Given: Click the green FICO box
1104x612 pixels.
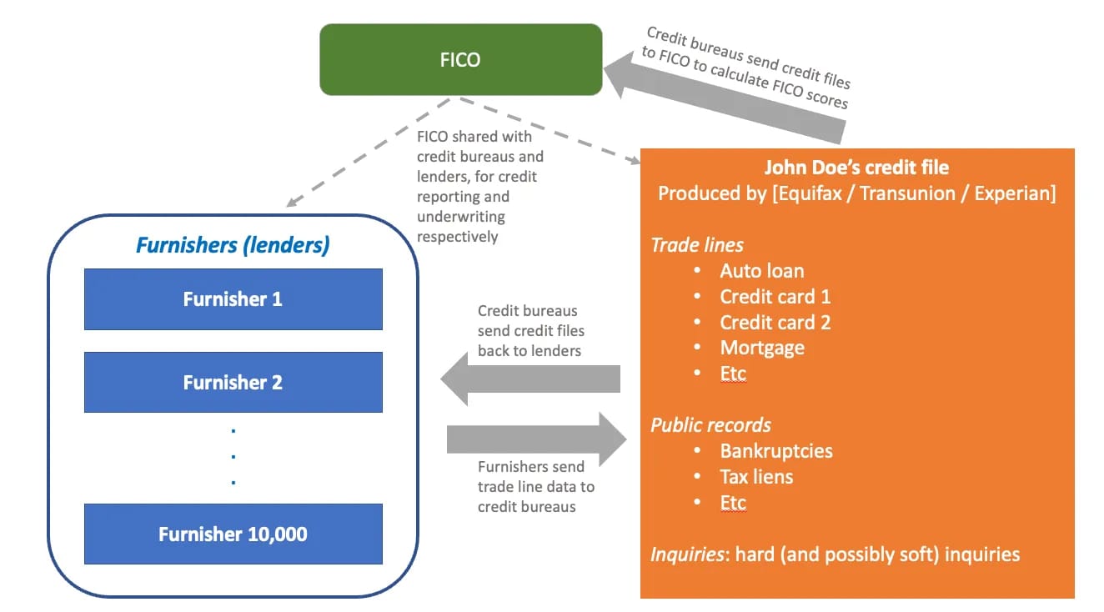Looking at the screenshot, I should [x=460, y=59].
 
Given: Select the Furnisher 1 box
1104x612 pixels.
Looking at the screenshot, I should [x=233, y=298].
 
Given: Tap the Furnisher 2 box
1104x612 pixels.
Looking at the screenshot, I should [x=233, y=382].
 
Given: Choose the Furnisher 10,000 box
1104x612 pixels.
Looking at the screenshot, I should [x=233, y=534].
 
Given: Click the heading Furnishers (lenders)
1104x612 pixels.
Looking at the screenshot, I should [x=233, y=245].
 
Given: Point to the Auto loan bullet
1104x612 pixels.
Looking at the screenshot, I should [x=761, y=271].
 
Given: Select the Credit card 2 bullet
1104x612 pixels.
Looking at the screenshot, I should [x=775, y=323].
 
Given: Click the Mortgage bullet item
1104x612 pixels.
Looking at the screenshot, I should [x=762, y=348].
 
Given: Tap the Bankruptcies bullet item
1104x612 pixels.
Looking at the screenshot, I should [x=775, y=451].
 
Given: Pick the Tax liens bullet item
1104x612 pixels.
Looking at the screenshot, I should [x=756, y=477].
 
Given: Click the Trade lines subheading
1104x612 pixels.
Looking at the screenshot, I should [x=696, y=245].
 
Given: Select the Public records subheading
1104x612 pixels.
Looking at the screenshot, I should [x=710, y=425].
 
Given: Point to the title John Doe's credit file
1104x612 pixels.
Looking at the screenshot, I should [x=856, y=168].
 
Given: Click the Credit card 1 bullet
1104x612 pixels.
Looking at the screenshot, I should [x=775, y=297].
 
